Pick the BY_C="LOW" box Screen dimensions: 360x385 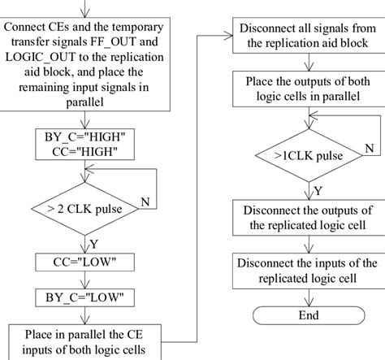pos(87,297)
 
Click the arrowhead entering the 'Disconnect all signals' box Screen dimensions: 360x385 pos(228,37)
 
